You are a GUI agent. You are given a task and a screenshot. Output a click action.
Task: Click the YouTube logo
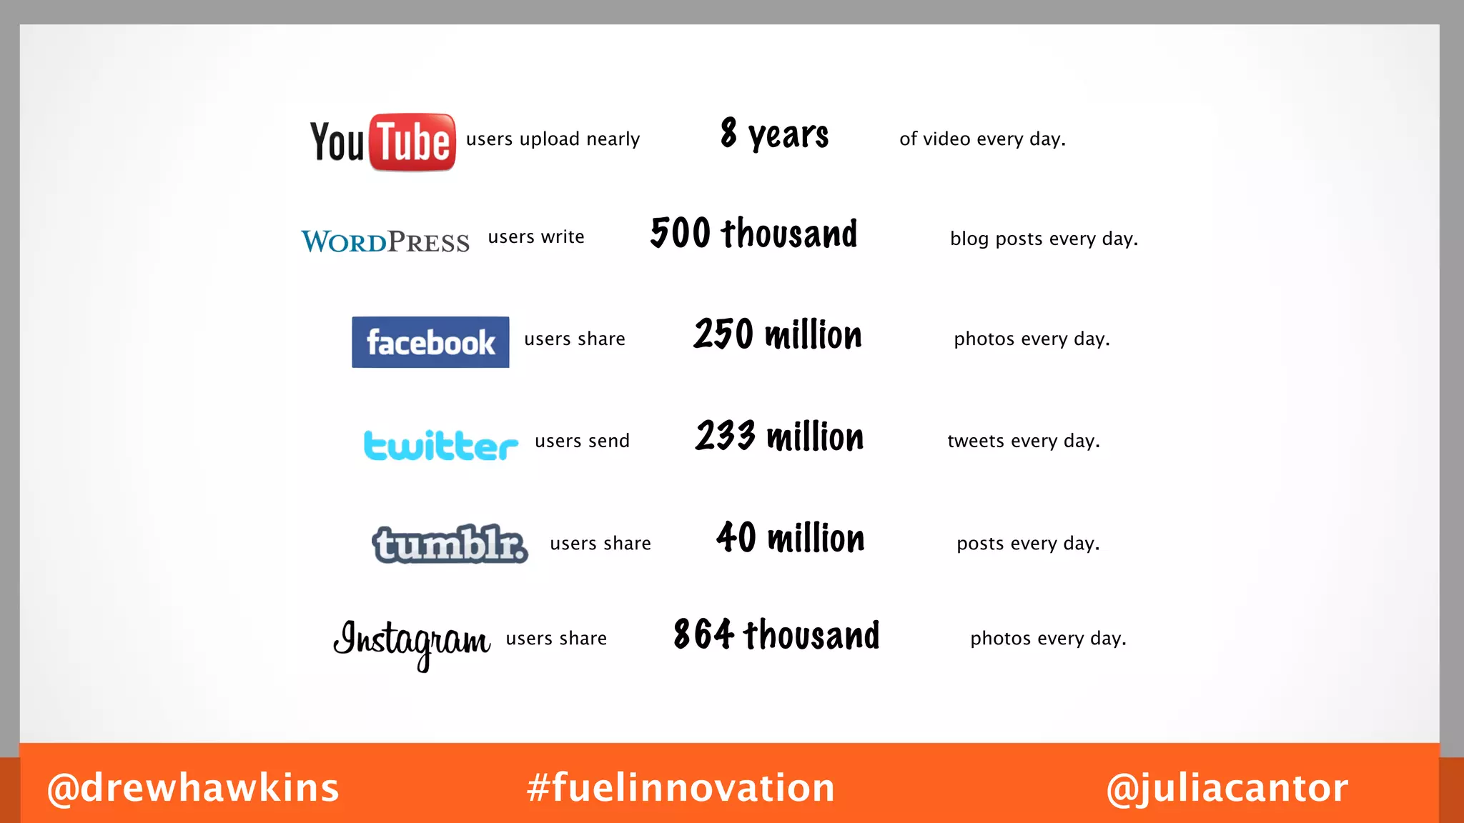pos(382,141)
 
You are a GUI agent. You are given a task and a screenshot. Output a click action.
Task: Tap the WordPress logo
pos(385,241)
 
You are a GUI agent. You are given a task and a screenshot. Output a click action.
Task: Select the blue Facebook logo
pos(430,342)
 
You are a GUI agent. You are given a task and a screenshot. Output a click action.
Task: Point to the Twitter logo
pos(440,444)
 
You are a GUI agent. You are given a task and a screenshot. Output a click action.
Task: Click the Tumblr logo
pos(450,544)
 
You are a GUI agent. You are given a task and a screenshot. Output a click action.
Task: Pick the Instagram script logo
pos(412,641)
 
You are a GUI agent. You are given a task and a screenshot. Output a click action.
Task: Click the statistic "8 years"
pos(774,135)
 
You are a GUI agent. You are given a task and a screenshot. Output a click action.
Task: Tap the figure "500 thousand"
pos(753,234)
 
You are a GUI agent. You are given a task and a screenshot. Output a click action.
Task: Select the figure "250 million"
pos(778,335)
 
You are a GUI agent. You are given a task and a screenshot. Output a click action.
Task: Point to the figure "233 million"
pos(779,437)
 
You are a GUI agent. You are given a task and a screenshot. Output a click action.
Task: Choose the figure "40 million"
pos(790,538)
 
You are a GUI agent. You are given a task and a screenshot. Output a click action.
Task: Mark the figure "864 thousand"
pos(776,635)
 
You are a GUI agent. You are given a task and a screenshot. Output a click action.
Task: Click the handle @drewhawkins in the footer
pos(193,788)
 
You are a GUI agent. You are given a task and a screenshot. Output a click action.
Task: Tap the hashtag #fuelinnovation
pos(681,788)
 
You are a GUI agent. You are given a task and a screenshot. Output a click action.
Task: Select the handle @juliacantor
pos(1227,788)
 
